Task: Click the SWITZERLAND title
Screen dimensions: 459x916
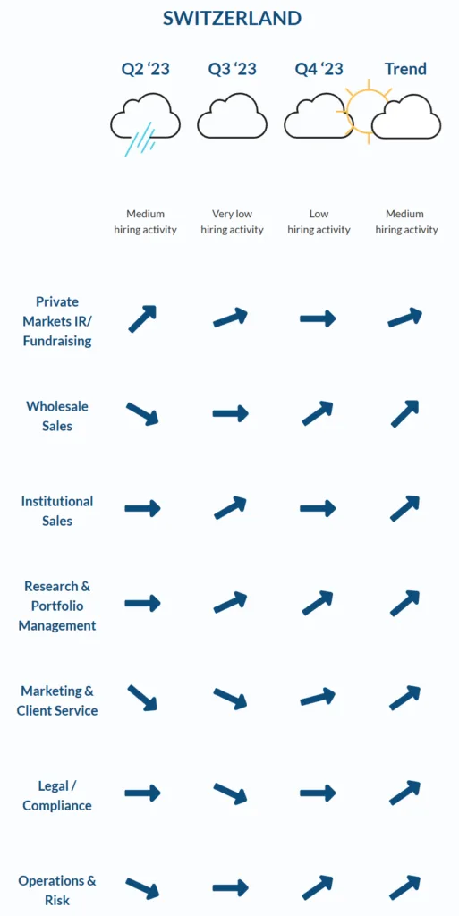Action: [x=232, y=18]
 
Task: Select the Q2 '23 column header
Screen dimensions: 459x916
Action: [x=146, y=69]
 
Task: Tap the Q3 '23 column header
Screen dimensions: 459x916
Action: [x=232, y=69]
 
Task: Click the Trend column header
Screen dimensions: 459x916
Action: [x=405, y=69]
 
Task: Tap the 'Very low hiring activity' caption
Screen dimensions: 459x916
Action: [x=232, y=222]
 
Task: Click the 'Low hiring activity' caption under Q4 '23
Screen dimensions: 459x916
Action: [x=319, y=222]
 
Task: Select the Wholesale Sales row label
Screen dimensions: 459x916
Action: [x=57, y=416]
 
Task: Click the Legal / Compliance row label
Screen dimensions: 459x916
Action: [x=57, y=795]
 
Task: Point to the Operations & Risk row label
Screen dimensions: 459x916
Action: [x=57, y=890]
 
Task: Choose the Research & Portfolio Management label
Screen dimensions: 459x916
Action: [x=57, y=606]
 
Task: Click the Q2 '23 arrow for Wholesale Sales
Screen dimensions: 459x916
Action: [x=142, y=413]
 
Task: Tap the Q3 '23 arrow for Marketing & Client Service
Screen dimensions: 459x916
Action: [x=230, y=698]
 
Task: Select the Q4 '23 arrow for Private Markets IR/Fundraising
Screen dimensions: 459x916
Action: [x=318, y=318]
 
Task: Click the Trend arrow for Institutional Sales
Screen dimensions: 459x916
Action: [x=404, y=508]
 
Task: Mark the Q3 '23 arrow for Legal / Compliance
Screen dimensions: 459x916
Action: [x=230, y=793]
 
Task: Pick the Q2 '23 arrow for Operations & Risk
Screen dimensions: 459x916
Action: [x=142, y=888]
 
